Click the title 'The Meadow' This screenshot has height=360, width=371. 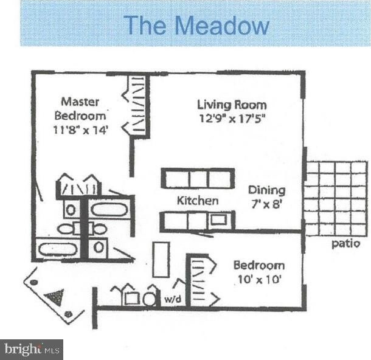(196, 26)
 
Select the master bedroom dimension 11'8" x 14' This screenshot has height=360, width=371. (81, 129)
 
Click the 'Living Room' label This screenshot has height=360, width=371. (232, 104)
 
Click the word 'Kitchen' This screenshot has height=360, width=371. (198, 200)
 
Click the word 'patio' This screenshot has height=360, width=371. (345, 244)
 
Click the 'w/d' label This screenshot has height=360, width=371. (171, 299)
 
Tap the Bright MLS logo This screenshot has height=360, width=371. (32, 349)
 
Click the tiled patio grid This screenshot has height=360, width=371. (336, 198)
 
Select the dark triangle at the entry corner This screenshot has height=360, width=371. (54, 297)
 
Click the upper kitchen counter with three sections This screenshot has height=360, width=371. (198, 178)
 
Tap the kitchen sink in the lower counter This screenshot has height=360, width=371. (218, 220)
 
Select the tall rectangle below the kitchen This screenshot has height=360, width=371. (161, 259)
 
